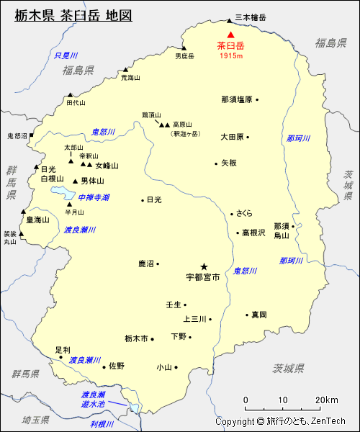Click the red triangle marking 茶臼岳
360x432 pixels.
pyautogui.click(x=230, y=35)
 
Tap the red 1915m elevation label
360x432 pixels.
pyautogui.click(x=230, y=55)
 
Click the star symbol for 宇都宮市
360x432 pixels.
pyautogui.click(x=204, y=266)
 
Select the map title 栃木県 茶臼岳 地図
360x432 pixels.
pyautogui.click(x=73, y=15)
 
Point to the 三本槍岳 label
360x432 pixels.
pyautogui.click(x=251, y=17)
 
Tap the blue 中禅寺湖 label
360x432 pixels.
pyautogui.click(x=94, y=197)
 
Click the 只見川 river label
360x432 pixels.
pyautogui.click(x=66, y=55)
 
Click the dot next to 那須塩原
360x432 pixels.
pyautogui.click(x=257, y=99)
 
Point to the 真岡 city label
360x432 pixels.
pyautogui.click(x=259, y=315)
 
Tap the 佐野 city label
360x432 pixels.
pyautogui.click(x=117, y=366)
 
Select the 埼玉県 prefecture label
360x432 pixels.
pyautogui.click(x=35, y=419)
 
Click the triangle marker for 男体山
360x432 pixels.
pyautogui.click(x=75, y=181)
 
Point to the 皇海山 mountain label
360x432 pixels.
pyautogui.click(x=38, y=220)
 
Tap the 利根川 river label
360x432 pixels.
pyautogui.click(x=103, y=424)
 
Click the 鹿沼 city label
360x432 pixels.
pyautogui.click(x=147, y=264)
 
